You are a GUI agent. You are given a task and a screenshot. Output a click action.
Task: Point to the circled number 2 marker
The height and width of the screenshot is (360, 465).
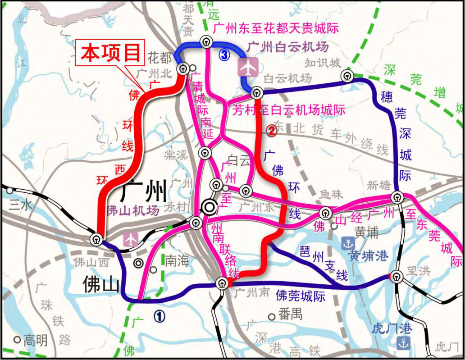pos(271,131)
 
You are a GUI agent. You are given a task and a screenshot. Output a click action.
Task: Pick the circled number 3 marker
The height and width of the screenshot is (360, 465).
pos(224,55)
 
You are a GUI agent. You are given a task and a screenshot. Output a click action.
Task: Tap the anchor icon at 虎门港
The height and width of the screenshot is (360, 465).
pos(402,342)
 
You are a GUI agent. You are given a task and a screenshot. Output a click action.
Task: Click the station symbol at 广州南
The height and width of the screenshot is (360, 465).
pos(222,283)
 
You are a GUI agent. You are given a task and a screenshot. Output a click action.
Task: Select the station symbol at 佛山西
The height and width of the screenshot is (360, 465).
pos(97,239)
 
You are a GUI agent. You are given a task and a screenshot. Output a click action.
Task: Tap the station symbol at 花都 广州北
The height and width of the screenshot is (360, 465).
pos(182,69)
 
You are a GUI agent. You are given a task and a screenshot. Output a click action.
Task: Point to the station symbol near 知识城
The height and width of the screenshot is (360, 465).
pos(347,75)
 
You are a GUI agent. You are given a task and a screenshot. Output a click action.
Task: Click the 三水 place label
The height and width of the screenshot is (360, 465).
pos(21,205)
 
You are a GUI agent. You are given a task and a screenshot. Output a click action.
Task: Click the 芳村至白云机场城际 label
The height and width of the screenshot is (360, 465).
pos(288,109)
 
